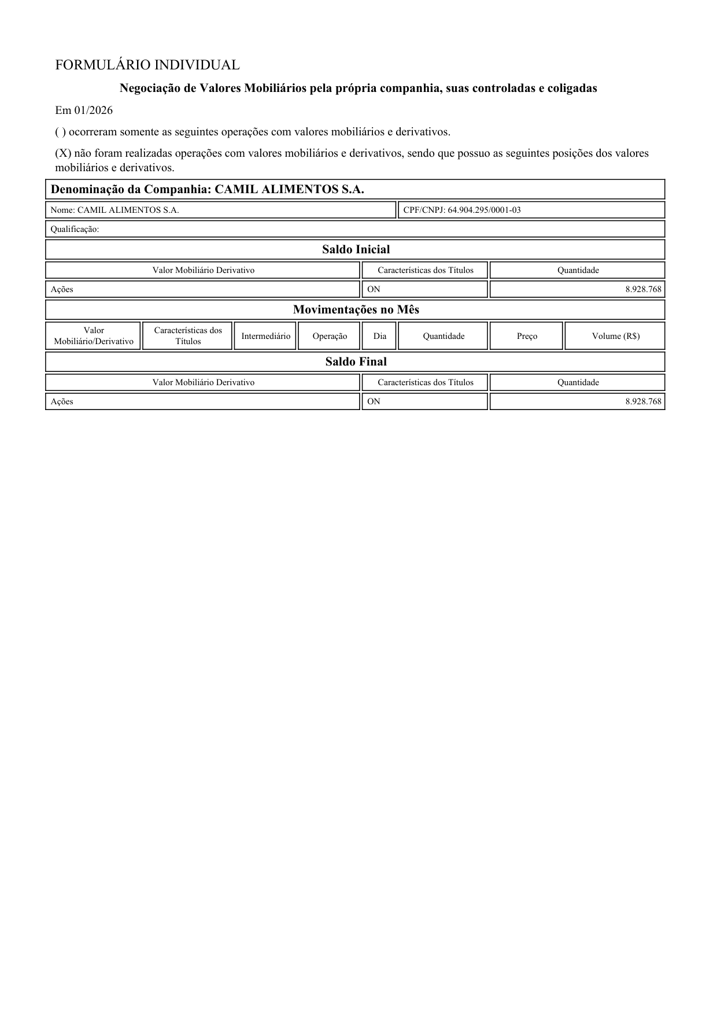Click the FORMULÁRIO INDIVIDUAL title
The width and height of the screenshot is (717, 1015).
pyautogui.click(x=147, y=65)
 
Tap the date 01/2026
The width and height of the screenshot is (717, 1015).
pyautogui.click(x=93, y=110)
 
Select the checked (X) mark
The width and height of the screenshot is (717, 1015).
pyautogui.click(x=63, y=153)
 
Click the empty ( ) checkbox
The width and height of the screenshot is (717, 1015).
pyautogui.click(x=60, y=132)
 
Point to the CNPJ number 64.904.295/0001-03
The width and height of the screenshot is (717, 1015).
pyautogui.click(x=484, y=210)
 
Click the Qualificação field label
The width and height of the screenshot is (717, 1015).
pyautogui.click(x=75, y=229)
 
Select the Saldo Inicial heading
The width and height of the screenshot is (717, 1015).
pyautogui.click(x=356, y=249)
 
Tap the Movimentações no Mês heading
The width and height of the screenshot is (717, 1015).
pyautogui.click(x=356, y=309)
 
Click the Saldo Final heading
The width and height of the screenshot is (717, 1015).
pyautogui.click(x=356, y=361)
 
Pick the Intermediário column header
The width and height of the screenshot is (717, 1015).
pyautogui.click(x=265, y=336)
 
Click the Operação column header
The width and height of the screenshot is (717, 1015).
pyautogui.click(x=330, y=336)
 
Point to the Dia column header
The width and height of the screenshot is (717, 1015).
pyautogui.click(x=379, y=336)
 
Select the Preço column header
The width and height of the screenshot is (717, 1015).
pyautogui.click(x=527, y=336)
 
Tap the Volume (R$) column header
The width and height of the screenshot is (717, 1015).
pyautogui.click(x=615, y=336)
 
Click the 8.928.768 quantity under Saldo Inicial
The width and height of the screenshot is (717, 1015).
pyautogui.click(x=643, y=289)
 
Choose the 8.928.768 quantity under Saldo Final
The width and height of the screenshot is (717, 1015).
pyautogui.click(x=643, y=401)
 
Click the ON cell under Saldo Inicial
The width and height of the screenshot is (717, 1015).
pyautogui.click(x=374, y=289)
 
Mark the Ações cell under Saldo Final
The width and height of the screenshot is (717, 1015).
pyautogui.click(x=62, y=401)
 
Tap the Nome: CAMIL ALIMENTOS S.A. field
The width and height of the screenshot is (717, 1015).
pyautogui.click(x=114, y=210)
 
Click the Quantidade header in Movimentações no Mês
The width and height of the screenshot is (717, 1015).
pyautogui.click(x=443, y=336)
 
